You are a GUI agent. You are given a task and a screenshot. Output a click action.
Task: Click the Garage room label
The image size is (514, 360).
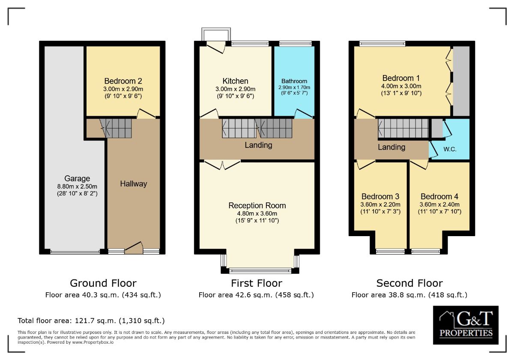pos(77,178)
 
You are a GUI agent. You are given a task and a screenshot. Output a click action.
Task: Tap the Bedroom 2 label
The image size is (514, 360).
pos(123,81)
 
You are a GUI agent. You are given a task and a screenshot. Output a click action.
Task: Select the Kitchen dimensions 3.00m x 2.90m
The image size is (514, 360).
pos(235,89)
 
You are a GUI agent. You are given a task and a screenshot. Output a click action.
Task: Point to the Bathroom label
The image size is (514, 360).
pos(294,81)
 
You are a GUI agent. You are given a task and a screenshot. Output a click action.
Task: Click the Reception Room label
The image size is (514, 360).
pos(257,205)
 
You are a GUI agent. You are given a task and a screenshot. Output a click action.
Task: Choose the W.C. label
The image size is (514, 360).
pos(450,149)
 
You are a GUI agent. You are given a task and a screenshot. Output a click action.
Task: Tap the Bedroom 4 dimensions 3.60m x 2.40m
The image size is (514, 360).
pos(439,204)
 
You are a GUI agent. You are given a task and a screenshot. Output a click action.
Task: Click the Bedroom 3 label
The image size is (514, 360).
pos(380,197)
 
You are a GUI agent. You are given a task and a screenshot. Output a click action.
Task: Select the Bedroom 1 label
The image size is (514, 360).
pos(401,78)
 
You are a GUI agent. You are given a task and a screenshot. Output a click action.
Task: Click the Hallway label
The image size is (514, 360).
pos(133,184)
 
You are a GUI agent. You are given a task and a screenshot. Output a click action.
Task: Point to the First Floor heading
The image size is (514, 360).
pos(257,283)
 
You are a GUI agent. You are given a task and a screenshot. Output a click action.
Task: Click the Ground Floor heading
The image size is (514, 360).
pos(103,283)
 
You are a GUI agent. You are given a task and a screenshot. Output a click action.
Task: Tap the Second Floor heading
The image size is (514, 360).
pos(409,283)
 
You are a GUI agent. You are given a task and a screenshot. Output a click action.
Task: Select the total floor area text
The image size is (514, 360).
pos(91,321)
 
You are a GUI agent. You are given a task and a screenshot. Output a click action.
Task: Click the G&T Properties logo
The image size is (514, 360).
pos(466,325)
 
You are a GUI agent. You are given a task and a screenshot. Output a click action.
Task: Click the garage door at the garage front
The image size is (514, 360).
pos(75,252)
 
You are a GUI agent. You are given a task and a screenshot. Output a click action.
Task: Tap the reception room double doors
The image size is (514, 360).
pos(222,165)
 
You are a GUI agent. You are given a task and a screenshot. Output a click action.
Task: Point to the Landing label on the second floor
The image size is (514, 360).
pos(391,147)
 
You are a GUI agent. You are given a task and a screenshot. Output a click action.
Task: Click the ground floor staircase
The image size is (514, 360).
pos(116,128)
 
